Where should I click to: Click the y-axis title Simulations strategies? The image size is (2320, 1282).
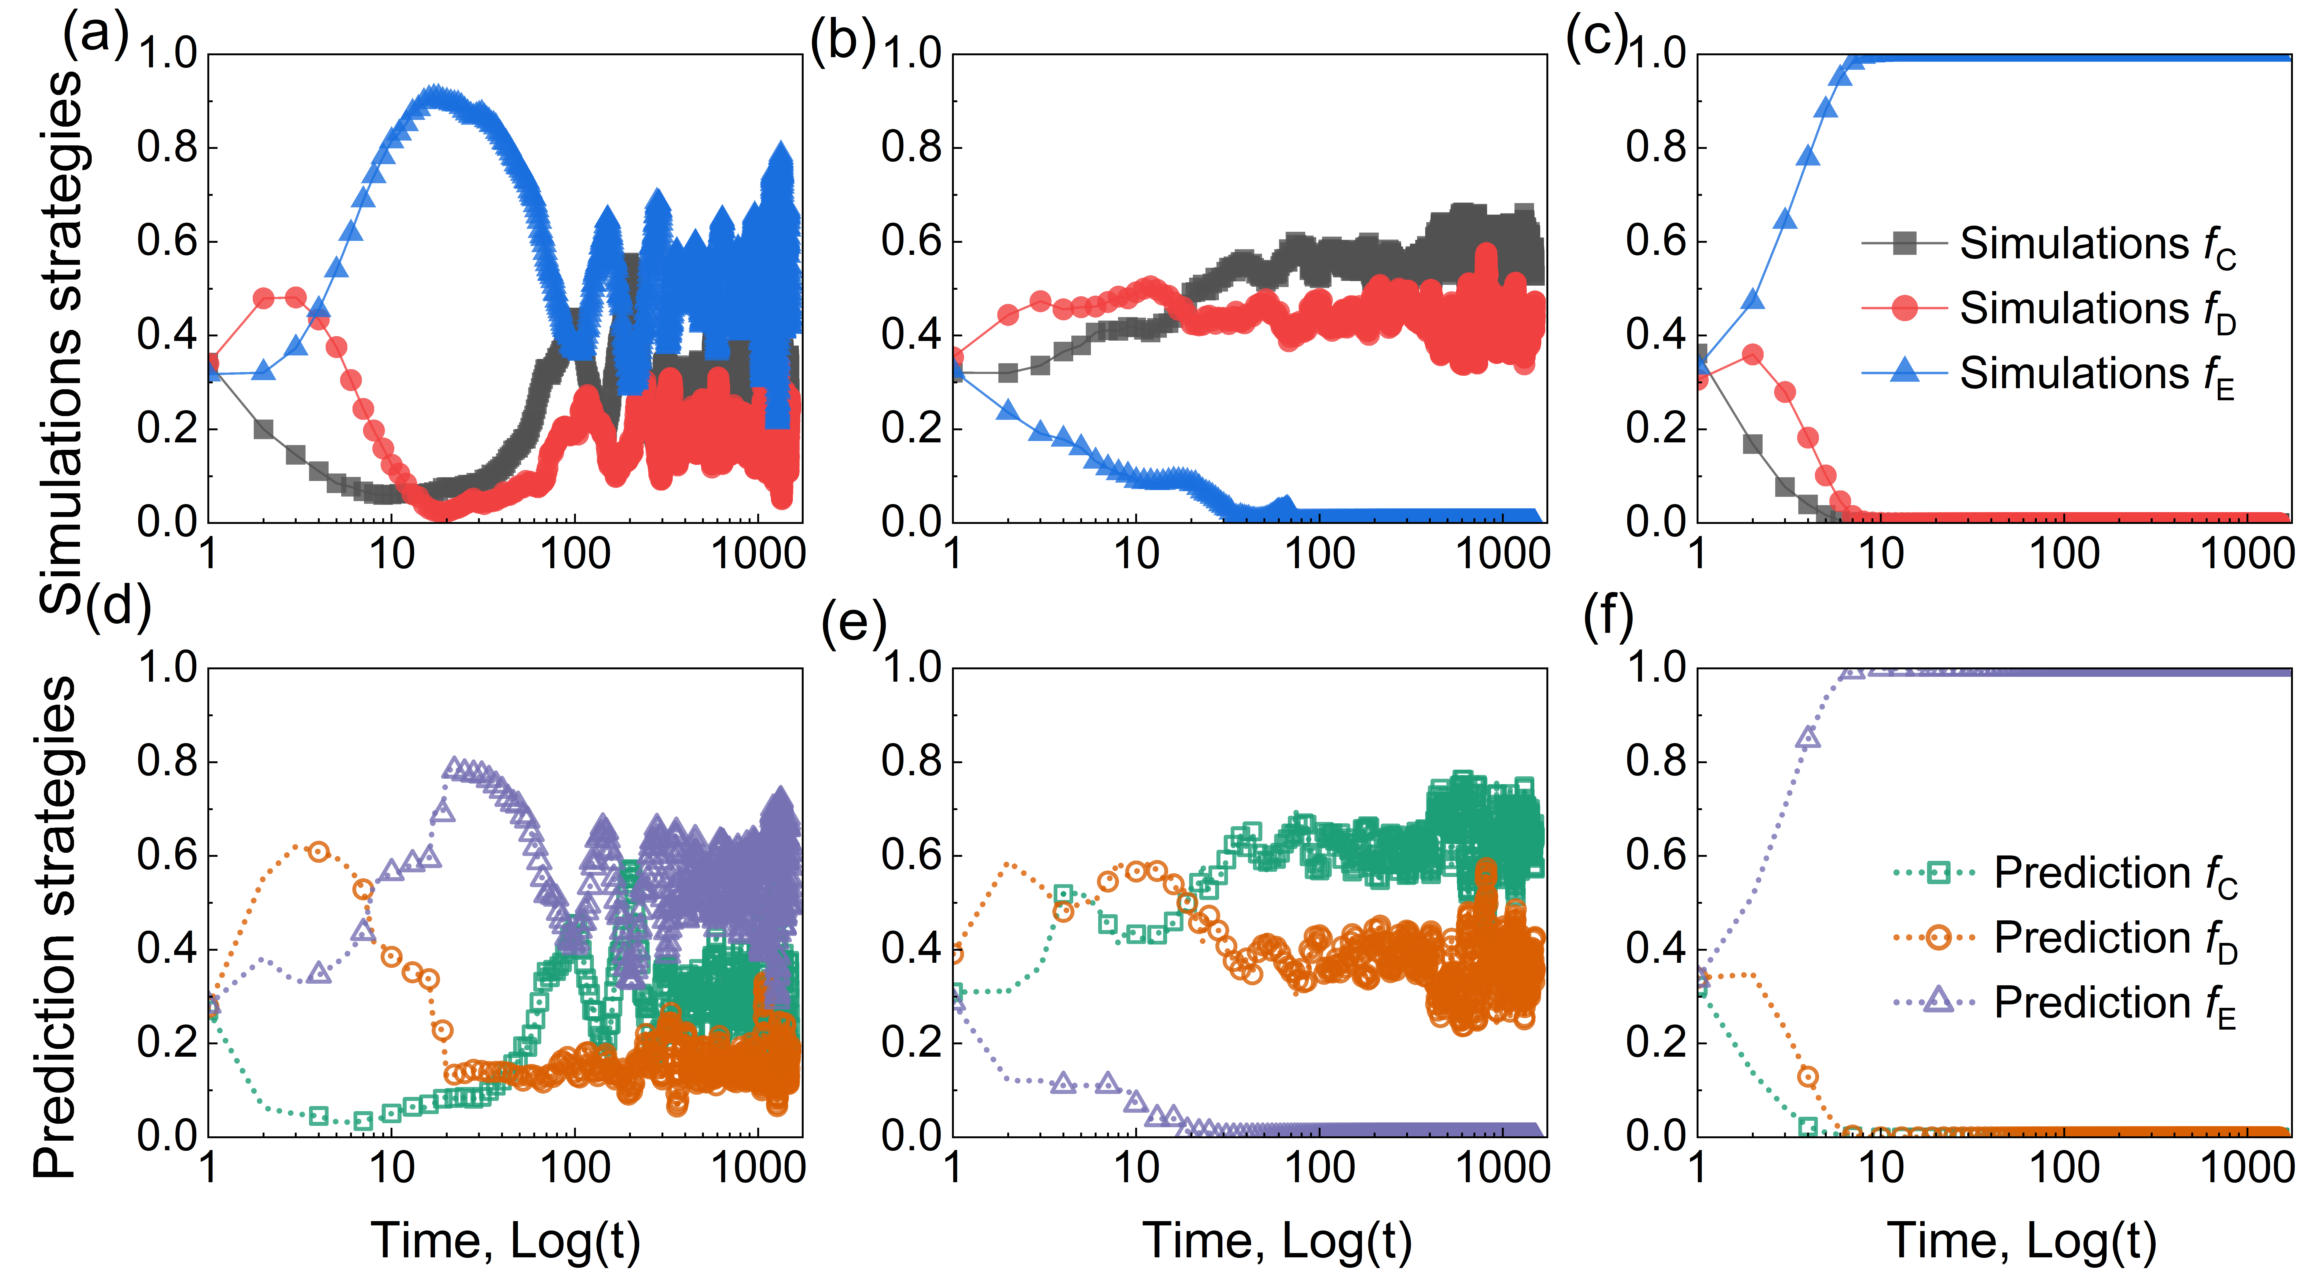coord(61,342)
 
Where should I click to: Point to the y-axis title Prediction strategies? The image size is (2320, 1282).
coord(56,928)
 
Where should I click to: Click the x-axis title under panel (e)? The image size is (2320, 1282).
coord(1277,1241)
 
